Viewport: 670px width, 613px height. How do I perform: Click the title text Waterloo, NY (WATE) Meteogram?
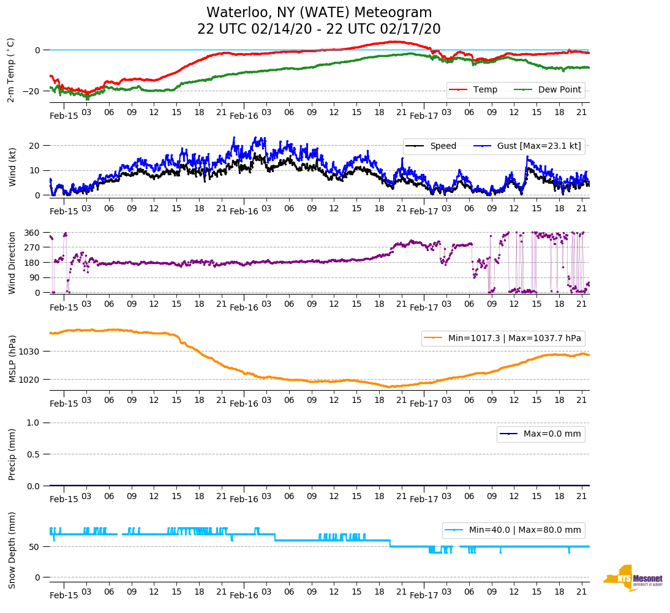pos(318,13)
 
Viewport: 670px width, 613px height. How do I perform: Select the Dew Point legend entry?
pos(559,90)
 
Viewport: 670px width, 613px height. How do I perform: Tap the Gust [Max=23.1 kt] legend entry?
pos(539,146)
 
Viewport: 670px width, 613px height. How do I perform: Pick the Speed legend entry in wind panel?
pos(443,146)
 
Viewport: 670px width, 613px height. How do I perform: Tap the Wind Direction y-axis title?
pos(12,263)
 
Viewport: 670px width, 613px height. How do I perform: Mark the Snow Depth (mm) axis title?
pos(12,550)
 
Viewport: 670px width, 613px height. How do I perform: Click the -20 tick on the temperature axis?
pos(32,91)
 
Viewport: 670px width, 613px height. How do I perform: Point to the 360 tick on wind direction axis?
pos(32,233)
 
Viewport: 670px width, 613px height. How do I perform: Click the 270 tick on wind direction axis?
pos(32,247)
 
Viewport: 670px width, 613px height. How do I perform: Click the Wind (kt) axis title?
pos(12,167)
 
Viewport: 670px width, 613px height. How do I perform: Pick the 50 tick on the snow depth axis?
pos(35,547)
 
